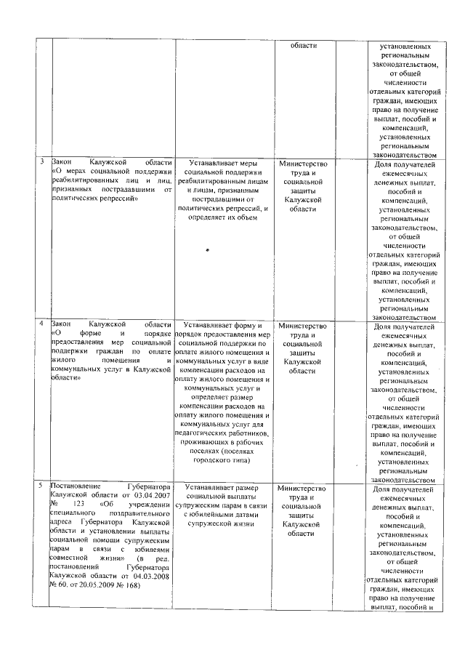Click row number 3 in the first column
point(41,161)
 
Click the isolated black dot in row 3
point(207,250)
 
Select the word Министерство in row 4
point(302,325)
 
